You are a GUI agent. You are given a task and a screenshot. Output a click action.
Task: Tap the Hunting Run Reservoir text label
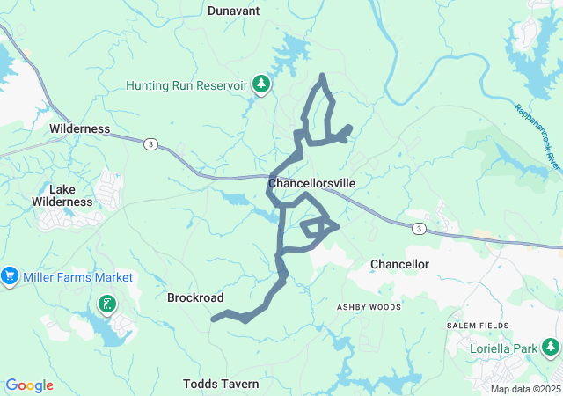186,86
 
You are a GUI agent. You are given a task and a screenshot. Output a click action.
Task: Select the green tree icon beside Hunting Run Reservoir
261,84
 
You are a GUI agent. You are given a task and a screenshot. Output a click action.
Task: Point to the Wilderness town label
80,128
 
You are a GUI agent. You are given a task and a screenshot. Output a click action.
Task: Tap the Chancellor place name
399,264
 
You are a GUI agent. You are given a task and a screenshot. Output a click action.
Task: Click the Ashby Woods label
369,307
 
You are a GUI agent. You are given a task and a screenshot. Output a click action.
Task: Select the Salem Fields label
478,326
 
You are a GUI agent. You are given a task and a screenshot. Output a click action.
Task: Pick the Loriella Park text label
503,348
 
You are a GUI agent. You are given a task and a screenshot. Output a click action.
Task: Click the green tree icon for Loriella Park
551,348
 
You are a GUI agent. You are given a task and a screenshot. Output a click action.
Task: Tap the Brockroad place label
195,298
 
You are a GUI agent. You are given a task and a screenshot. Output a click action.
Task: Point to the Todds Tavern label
221,384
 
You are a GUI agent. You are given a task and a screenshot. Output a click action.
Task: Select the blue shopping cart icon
11,276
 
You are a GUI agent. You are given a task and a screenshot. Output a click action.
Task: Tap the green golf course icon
106,304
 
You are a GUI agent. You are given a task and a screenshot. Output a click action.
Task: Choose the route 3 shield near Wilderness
151,143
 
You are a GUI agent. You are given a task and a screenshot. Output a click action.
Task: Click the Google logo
29,385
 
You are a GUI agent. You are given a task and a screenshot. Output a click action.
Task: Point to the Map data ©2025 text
525,389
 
